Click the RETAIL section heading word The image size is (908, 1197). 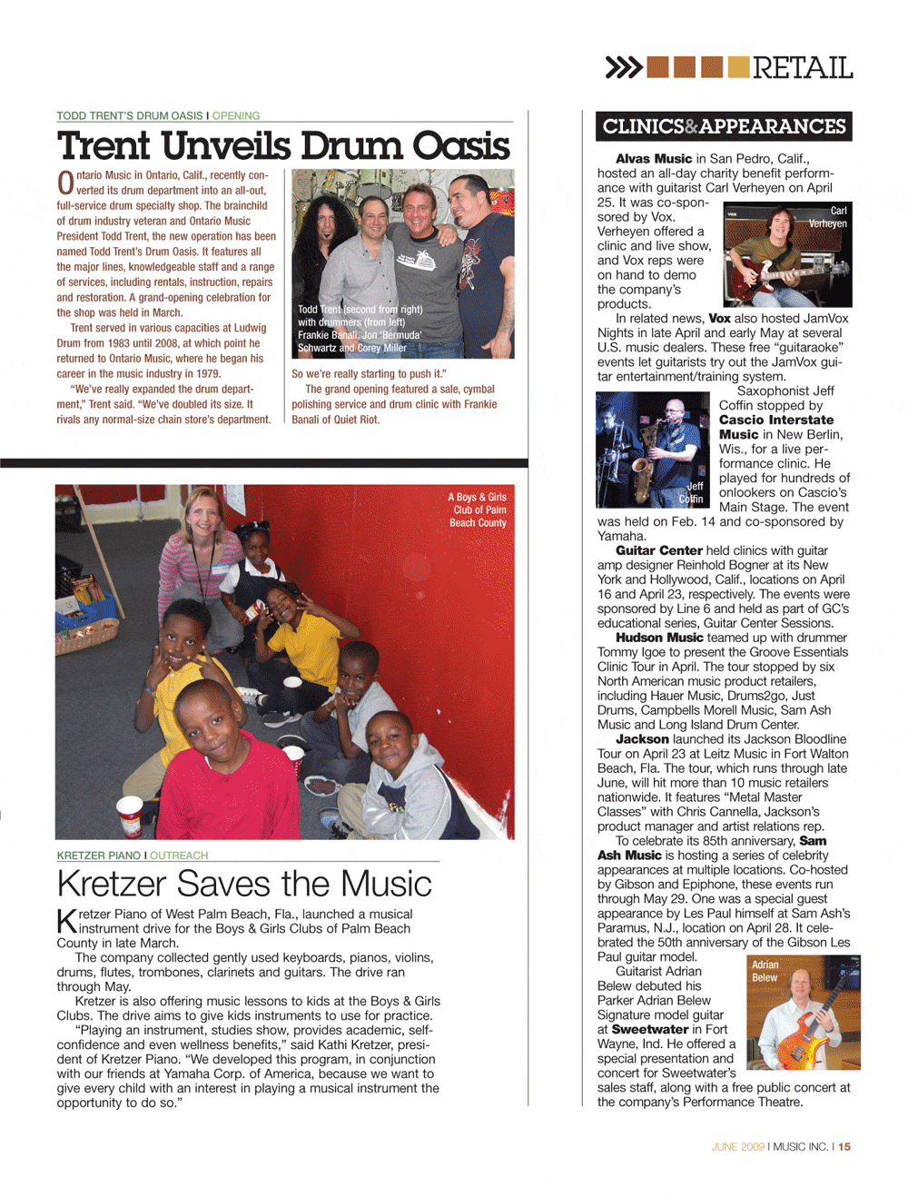pos(802,68)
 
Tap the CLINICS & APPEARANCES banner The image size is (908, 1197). pos(724,127)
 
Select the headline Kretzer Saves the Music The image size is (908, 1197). pos(244,884)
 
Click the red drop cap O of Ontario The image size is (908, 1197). pos(65,183)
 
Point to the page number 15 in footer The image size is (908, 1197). pos(844,1147)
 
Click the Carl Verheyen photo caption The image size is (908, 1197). pos(828,217)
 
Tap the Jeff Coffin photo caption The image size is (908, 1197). pos(692,493)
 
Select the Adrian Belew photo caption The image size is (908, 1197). pos(765,971)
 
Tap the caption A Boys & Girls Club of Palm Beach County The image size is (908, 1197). pos(478,510)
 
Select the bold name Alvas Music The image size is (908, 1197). pos(654,159)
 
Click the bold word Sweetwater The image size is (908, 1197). pos(650,1030)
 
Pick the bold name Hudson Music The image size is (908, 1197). pos(659,638)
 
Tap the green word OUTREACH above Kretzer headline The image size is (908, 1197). pos(179,856)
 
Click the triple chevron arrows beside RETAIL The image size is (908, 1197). pos(624,67)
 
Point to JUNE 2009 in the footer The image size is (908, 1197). pos(737,1147)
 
